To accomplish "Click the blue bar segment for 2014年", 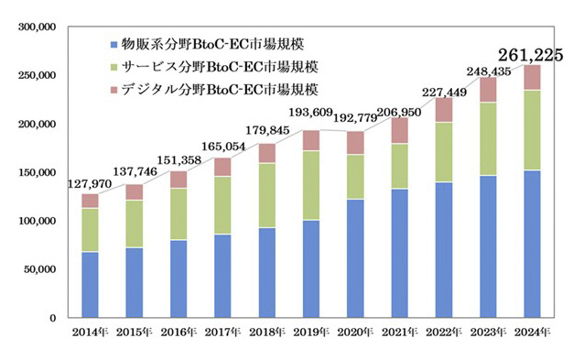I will [91, 284].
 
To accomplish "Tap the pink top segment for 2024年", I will [532, 77].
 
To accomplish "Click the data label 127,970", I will [90, 183].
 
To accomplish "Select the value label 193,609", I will [308, 121].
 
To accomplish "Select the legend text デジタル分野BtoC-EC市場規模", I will [219, 90].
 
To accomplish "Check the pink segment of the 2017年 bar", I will [222, 167].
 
